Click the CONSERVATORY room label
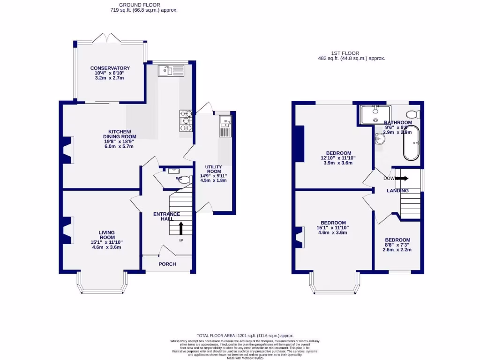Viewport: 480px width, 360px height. pyautogui.click(x=110, y=68)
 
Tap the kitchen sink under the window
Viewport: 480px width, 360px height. pyautogui.click(x=172, y=71)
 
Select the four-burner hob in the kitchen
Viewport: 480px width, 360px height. pyautogui.click(x=186, y=120)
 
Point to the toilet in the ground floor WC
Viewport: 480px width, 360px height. pyautogui.click(x=185, y=179)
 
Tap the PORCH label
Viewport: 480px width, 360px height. pyautogui.click(x=167, y=264)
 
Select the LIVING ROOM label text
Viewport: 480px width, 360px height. pyautogui.click(x=107, y=235)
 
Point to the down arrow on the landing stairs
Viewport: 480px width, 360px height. pyautogui.click(x=401, y=178)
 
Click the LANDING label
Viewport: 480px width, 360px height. pyautogui.click(x=397, y=191)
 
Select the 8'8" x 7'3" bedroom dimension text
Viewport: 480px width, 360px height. pyautogui.click(x=397, y=247)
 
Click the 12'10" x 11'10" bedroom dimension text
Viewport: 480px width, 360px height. pyautogui.click(x=338, y=158)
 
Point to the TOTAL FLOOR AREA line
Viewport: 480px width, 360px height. pyautogui.click(x=245, y=336)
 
